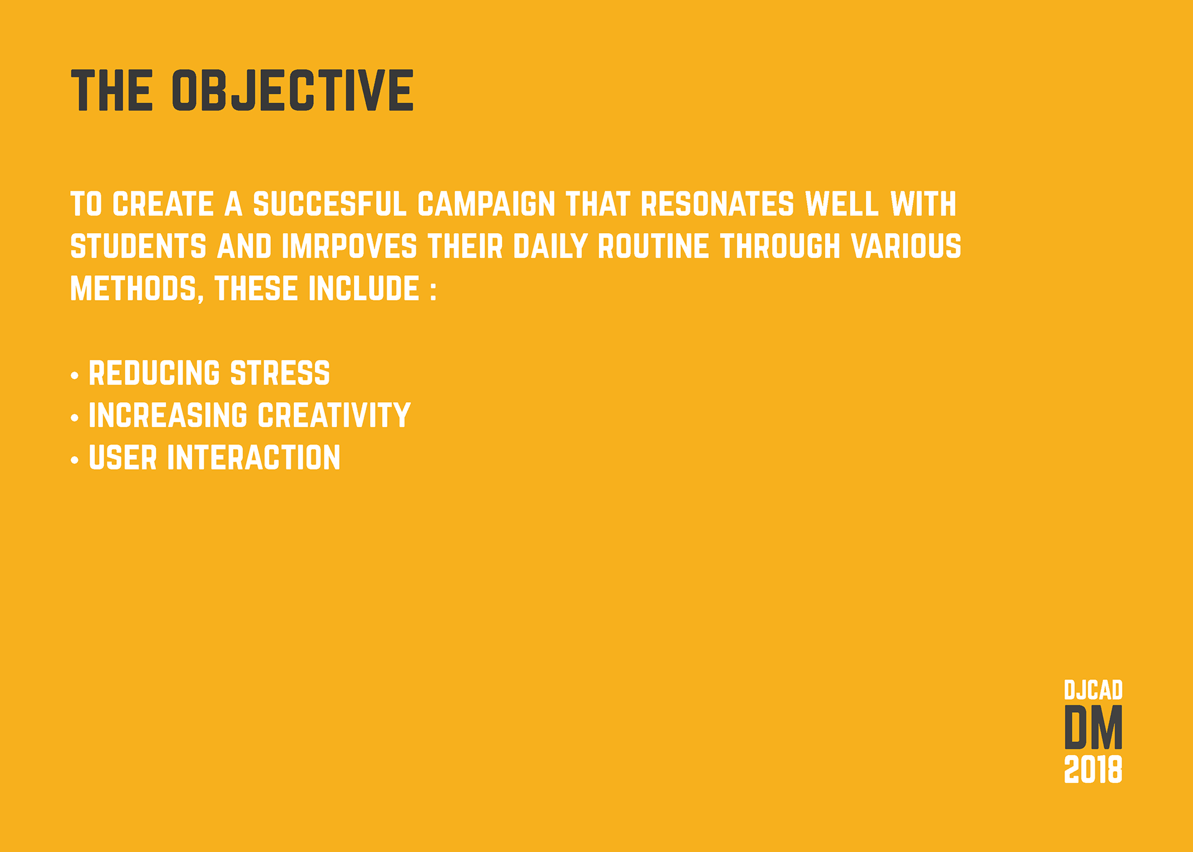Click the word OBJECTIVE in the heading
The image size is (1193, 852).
[293, 90]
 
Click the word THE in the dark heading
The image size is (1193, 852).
[112, 90]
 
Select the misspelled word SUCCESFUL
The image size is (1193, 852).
[330, 204]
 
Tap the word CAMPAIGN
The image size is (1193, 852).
[486, 204]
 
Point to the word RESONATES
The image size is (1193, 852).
[717, 204]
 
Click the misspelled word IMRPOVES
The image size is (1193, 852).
[349, 247]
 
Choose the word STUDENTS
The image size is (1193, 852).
[139, 247]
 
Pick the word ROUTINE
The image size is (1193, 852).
[653, 247]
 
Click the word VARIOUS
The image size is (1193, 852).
[907, 247]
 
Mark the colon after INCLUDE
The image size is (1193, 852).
[433, 291]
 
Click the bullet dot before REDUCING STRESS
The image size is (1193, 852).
[75, 375]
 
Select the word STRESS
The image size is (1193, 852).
[280, 373]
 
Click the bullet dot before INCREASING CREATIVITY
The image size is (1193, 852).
[75, 418]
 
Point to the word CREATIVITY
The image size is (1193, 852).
[334, 416]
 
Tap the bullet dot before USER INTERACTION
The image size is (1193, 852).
[75, 460]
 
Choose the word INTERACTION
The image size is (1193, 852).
[254, 458]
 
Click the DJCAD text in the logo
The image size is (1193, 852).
[1094, 690]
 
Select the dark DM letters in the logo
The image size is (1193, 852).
[1094, 727]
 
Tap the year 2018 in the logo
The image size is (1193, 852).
[1094, 769]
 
